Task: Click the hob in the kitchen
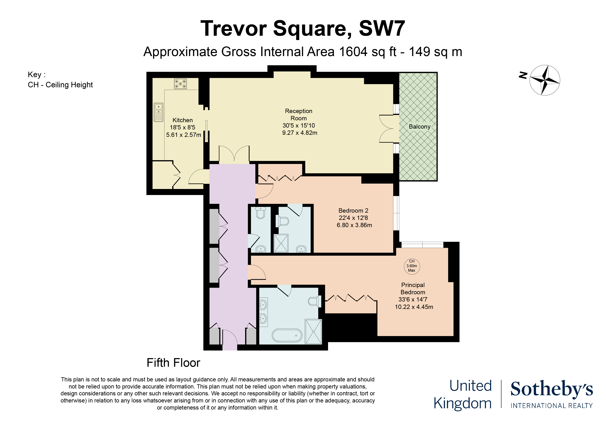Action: coord(180,84)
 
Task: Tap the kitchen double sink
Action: coord(158,112)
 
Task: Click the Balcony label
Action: coord(419,127)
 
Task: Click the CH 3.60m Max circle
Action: coord(411,266)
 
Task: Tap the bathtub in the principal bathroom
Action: coord(287,335)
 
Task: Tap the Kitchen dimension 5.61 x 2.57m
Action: coord(183,135)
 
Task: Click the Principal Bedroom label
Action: coord(413,289)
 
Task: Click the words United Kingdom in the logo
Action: coord(463,395)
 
